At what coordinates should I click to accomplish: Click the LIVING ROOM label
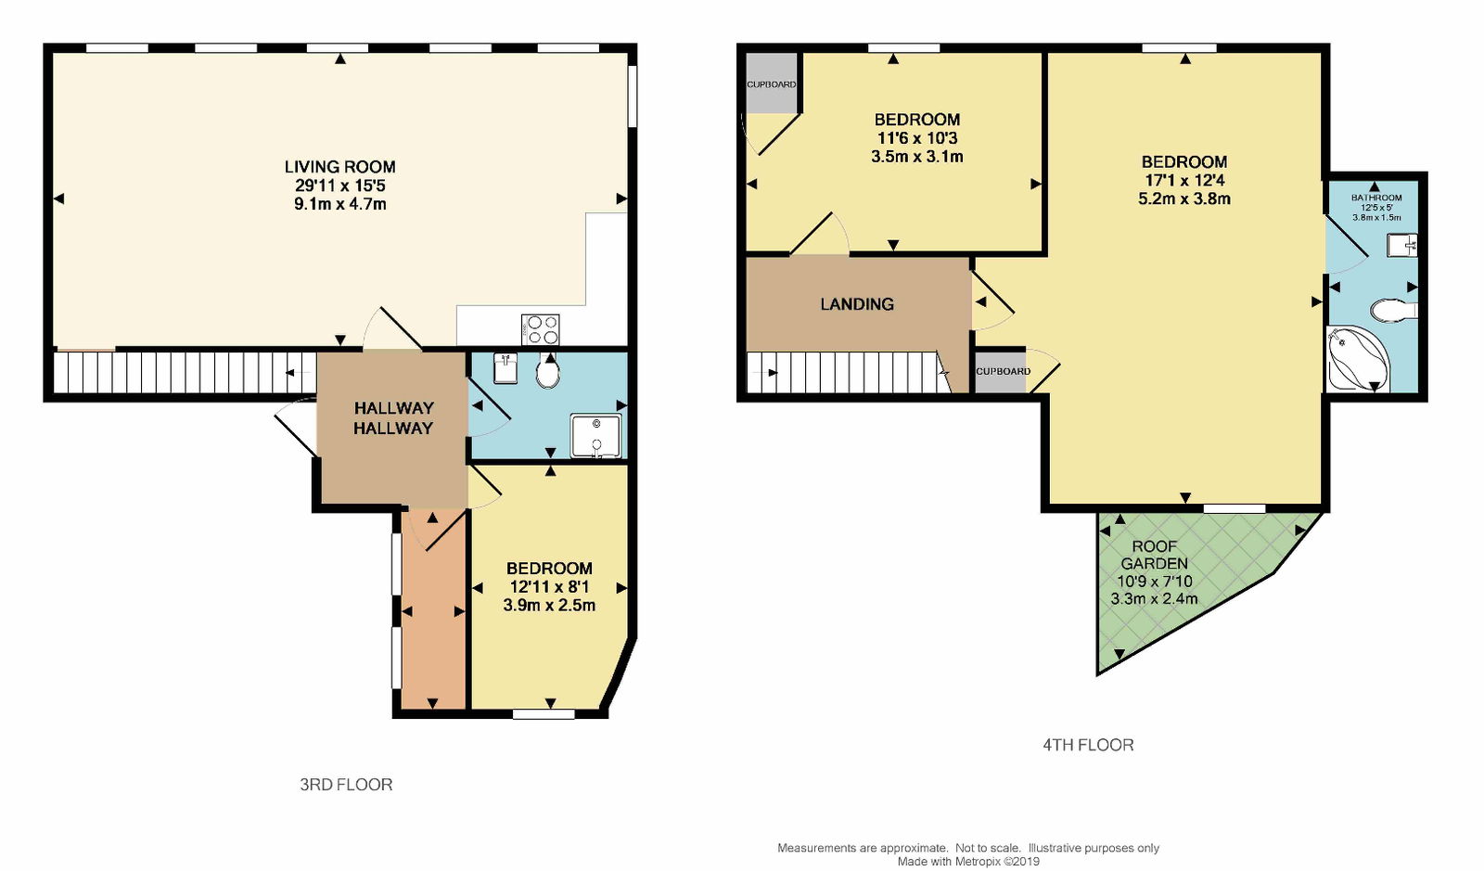point(339,167)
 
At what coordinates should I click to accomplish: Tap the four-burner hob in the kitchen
point(541,330)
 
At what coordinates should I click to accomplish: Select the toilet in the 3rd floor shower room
point(548,371)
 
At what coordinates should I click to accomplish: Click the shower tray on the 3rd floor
point(596,436)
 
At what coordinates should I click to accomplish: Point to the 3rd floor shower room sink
point(505,368)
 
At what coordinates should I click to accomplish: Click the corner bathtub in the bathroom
point(1359,358)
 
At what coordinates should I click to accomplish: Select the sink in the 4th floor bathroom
point(1401,245)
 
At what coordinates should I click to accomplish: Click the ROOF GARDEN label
point(1154,555)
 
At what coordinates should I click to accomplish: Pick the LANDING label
point(857,304)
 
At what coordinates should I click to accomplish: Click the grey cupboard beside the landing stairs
point(1001,371)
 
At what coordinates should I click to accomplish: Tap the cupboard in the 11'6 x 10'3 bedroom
point(771,83)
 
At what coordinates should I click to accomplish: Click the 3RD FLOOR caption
point(346,785)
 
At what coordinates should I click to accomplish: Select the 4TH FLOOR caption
point(1089,745)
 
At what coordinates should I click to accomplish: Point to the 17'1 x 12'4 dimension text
point(1184,180)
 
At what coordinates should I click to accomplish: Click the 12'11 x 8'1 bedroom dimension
point(549,587)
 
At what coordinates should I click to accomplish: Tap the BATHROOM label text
point(1376,198)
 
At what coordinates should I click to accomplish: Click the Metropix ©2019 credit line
point(968,862)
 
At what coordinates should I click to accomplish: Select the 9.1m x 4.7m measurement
point(339,204)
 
